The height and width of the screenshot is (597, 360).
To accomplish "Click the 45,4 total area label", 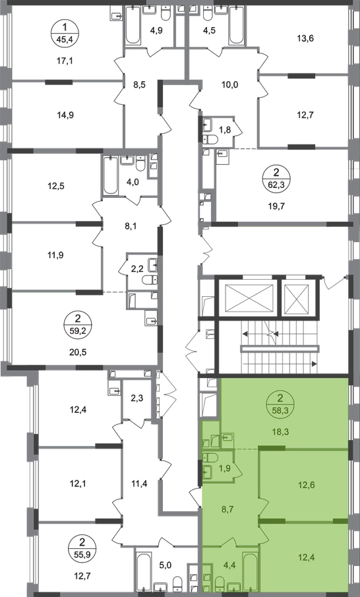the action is pyautogui.click(x=65, y=39).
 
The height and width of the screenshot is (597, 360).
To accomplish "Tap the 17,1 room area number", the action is pyautogui.click(x=65, y=60).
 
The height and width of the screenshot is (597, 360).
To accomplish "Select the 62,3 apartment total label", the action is pyautogui.click(x=277, y=186).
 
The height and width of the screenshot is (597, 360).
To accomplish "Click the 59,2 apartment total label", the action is pyautogui.click(x=78, y=330).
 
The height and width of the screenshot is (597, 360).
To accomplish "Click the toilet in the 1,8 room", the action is pyautogui.click(x=210, y=140).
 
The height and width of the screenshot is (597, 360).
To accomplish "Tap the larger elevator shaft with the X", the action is pyautogui.click(x=249, y=298).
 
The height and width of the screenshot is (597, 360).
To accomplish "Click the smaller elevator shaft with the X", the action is pyautogui.click(x=298, y=298).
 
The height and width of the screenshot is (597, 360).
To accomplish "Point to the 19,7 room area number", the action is pyautogui.click(x=277, y=206).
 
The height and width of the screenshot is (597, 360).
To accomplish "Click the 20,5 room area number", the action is pyautogui.click(x=78, y=352).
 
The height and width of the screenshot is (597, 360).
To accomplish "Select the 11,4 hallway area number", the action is pyautogui.click(x=140, y=484).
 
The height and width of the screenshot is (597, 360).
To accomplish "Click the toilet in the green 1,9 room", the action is pyautogui.click(x=210, y=457).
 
